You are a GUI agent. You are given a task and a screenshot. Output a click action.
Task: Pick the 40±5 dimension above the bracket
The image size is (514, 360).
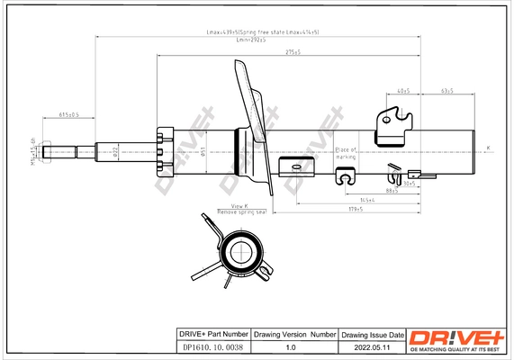(x=402, y=92)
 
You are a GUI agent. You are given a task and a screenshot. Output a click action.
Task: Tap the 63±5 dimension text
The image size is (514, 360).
(x=446, y=92)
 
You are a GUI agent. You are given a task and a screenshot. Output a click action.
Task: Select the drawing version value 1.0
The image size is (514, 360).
(x=290, y=346)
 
